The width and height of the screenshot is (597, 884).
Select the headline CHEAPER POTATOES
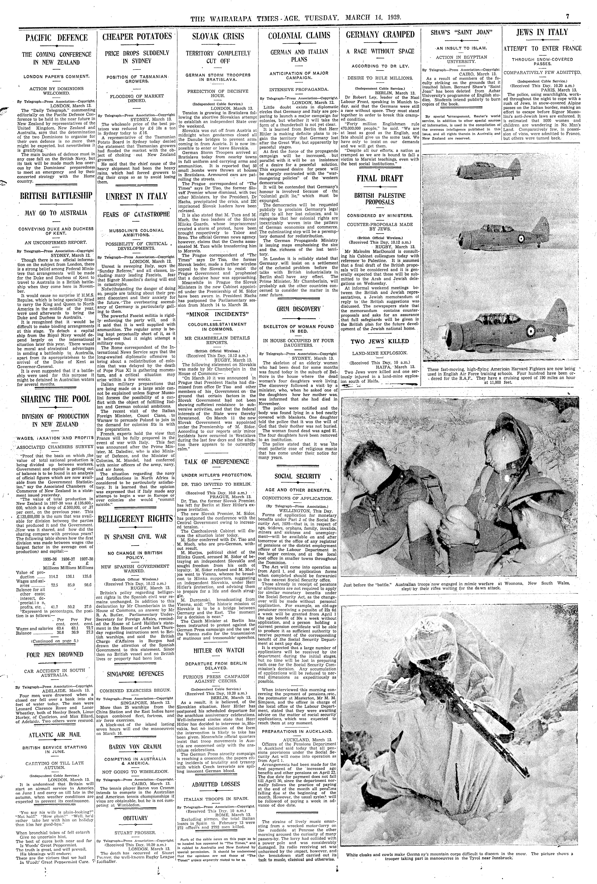(137, 37)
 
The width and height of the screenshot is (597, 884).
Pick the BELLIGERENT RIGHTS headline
(137, 519)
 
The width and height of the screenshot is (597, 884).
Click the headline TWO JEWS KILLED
(380, 341)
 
